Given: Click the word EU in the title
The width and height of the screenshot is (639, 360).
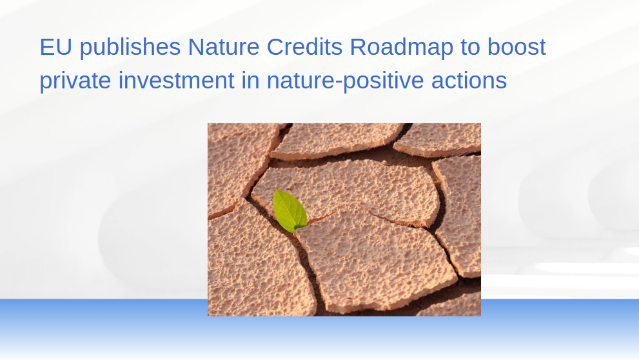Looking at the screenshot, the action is [x=56, y=47].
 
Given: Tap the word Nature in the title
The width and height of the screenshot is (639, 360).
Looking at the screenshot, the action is [x=224, y=47].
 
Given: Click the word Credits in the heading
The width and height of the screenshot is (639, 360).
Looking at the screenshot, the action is [x=304, y=47].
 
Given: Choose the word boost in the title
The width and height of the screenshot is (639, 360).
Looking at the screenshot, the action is [x=516, y=47].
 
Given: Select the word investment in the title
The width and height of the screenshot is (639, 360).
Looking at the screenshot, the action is [x=177, y=80].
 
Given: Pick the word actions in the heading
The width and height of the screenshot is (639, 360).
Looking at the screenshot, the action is [x=469, y=80].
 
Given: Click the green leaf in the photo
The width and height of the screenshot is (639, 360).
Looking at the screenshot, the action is [x=290, y=211].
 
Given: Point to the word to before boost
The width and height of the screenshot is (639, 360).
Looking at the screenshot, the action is [x=470, y=48].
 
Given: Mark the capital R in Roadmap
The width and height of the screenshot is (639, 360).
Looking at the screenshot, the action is [x=359, y=47].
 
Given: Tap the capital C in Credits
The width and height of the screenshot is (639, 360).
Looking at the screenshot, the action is [x=276, y=47].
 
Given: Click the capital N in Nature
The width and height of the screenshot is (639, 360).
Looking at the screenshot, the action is [x=196, y=47].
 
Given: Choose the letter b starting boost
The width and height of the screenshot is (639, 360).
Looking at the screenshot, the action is [x=494, y=47].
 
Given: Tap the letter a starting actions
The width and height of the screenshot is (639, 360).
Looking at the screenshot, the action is [x=437, y=83].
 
